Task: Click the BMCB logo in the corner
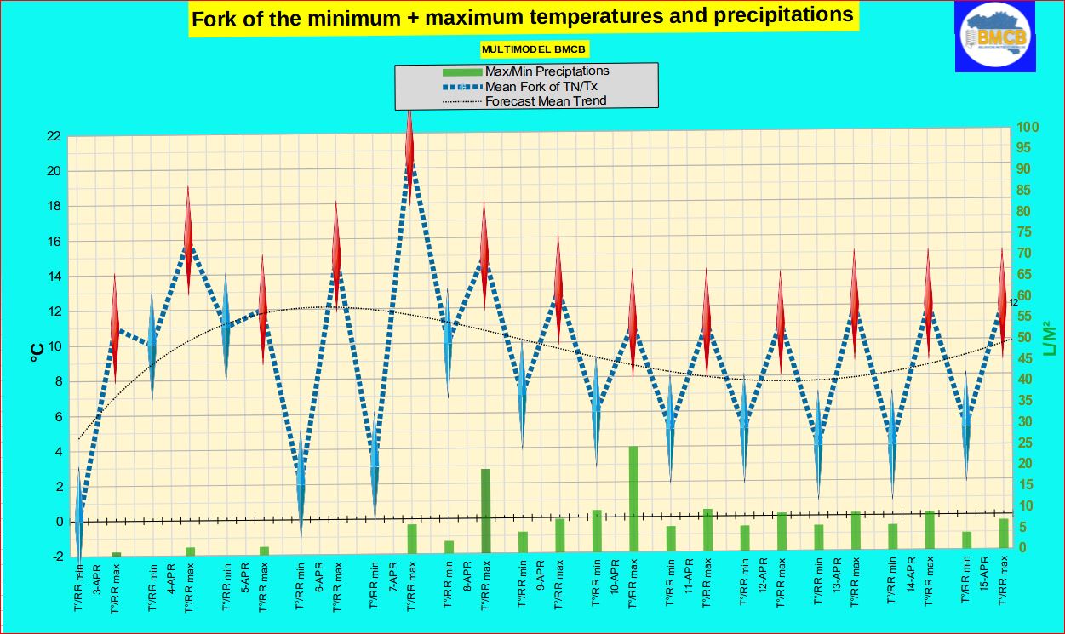[995, 36]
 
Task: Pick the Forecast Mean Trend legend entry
[545, 100]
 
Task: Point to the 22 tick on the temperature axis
[53, 136]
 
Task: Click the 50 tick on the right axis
[1026, 338]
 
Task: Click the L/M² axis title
[1048, 338]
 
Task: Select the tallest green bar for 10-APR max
[633, 498]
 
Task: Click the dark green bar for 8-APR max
[485, 509]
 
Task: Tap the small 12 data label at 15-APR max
[1013, 302]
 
